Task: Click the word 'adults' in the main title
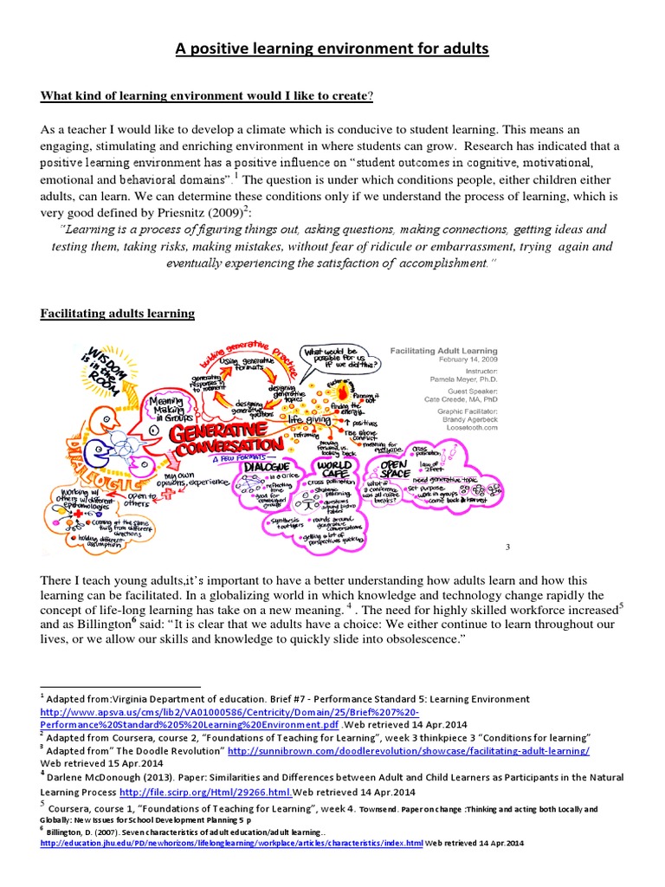tap(458, 49)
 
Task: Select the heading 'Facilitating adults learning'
tap(118, 313)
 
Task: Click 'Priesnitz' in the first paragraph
tap(203, 211)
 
